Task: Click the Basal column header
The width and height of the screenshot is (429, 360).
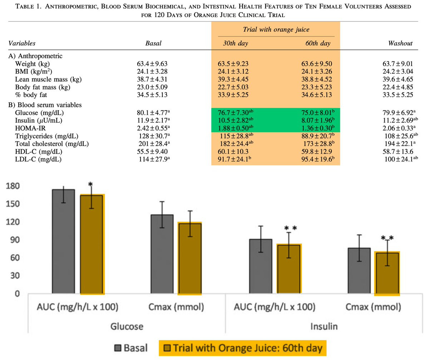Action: click(x=153, y=43)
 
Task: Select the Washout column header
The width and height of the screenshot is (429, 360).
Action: click(x=400, y=43)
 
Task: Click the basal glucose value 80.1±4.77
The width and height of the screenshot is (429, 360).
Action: click(x=153, y=112)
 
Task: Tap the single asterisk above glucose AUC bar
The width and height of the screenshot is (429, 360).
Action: click(x=90, y=185)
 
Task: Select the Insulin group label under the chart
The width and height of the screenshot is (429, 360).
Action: click(x=324, y=326)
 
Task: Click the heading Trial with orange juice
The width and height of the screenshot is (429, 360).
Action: click(x=276, y=29)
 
